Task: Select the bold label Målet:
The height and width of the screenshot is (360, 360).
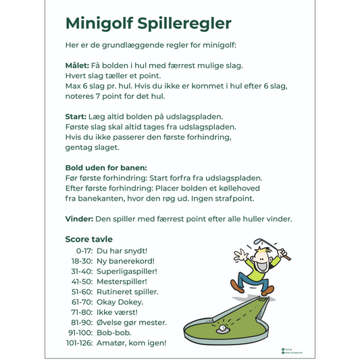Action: [77, 66]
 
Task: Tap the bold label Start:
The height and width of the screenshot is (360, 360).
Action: [76, 117]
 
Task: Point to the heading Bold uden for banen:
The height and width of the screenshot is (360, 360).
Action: [106, 168]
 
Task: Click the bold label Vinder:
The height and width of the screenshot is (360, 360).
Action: [78, 219]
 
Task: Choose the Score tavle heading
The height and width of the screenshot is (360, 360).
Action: [88, 239]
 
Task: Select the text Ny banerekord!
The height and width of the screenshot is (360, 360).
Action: [126, 261]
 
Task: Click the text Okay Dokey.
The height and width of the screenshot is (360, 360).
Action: [121, 302]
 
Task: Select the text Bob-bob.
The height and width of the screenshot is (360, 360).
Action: [113, 333]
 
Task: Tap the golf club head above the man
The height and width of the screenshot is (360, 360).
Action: [259, 241]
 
